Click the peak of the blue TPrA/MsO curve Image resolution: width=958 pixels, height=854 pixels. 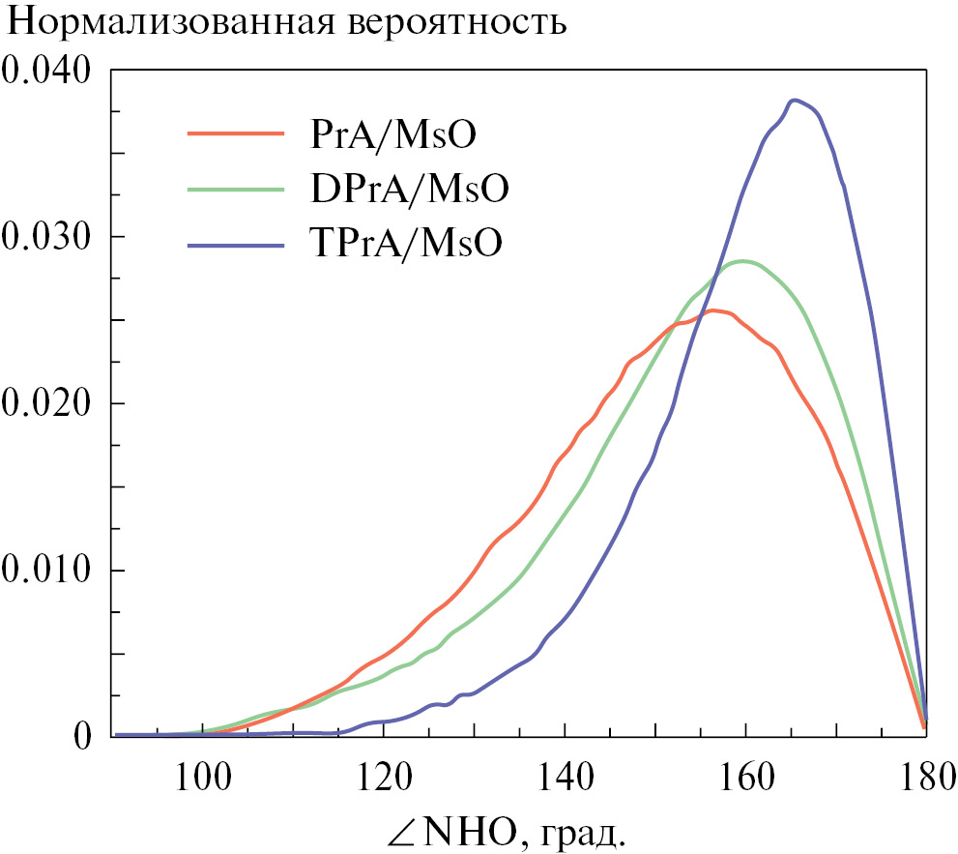(795, 101)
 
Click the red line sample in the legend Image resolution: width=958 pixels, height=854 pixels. (237, 133)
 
